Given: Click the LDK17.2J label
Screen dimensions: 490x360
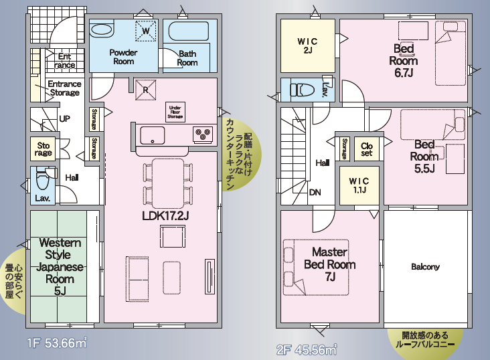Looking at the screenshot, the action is coord(165,215).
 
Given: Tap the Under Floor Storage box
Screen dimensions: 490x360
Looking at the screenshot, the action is coord(175,112).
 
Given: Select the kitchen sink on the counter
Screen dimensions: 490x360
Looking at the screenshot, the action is coord(152,135).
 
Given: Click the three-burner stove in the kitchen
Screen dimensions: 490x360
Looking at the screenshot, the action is coord(203,134).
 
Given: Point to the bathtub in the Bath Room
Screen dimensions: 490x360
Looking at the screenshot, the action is coord(189,31).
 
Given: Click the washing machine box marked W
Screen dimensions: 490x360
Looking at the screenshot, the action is coord(146,31).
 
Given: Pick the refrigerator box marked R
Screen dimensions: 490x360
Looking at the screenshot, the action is coord(145,90).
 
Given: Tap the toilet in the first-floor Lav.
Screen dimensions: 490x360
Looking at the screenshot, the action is coord(42,180).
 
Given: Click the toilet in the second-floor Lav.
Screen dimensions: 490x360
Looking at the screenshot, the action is coord(302,90).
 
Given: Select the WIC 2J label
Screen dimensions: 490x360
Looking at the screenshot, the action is coord(307,46).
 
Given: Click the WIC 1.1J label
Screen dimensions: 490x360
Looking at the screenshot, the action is coord(359,185).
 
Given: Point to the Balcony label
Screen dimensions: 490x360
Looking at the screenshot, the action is coord(425,266).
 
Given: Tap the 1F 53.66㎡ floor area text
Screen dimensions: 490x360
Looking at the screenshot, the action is coord(56,343).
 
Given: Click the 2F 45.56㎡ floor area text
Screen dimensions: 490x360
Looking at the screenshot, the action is coord(307,349).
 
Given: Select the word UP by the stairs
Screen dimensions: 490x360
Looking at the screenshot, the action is coord(65,118).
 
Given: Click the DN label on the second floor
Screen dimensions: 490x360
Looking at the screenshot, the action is coord(315,192).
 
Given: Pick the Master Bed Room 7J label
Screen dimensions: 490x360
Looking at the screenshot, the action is coord(330,264).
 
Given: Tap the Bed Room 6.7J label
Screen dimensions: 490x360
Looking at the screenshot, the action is coord(404,61).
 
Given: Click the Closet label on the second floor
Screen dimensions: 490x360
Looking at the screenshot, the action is coord(367,149).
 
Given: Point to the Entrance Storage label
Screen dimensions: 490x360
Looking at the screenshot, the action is coord(64,88).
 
